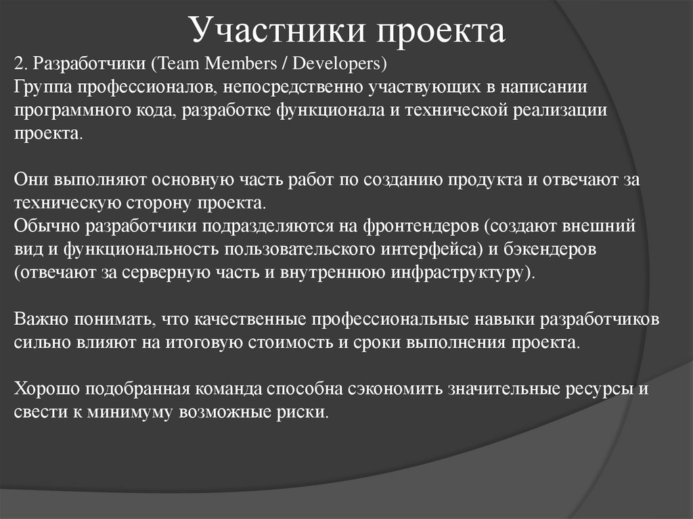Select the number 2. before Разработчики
coord(20,65)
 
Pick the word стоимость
coord(292,342)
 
